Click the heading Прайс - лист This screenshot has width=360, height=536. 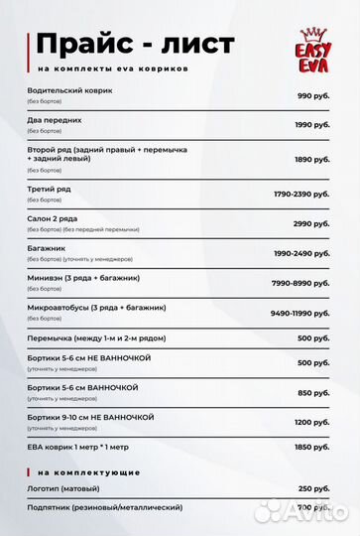(135, 45)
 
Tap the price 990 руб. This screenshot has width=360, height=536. (313, 95)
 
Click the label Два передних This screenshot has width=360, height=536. (56, 120)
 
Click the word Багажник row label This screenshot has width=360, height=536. (49, 248)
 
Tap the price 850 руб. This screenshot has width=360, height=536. (313, 392)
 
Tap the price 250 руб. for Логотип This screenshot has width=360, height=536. (313, 488)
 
